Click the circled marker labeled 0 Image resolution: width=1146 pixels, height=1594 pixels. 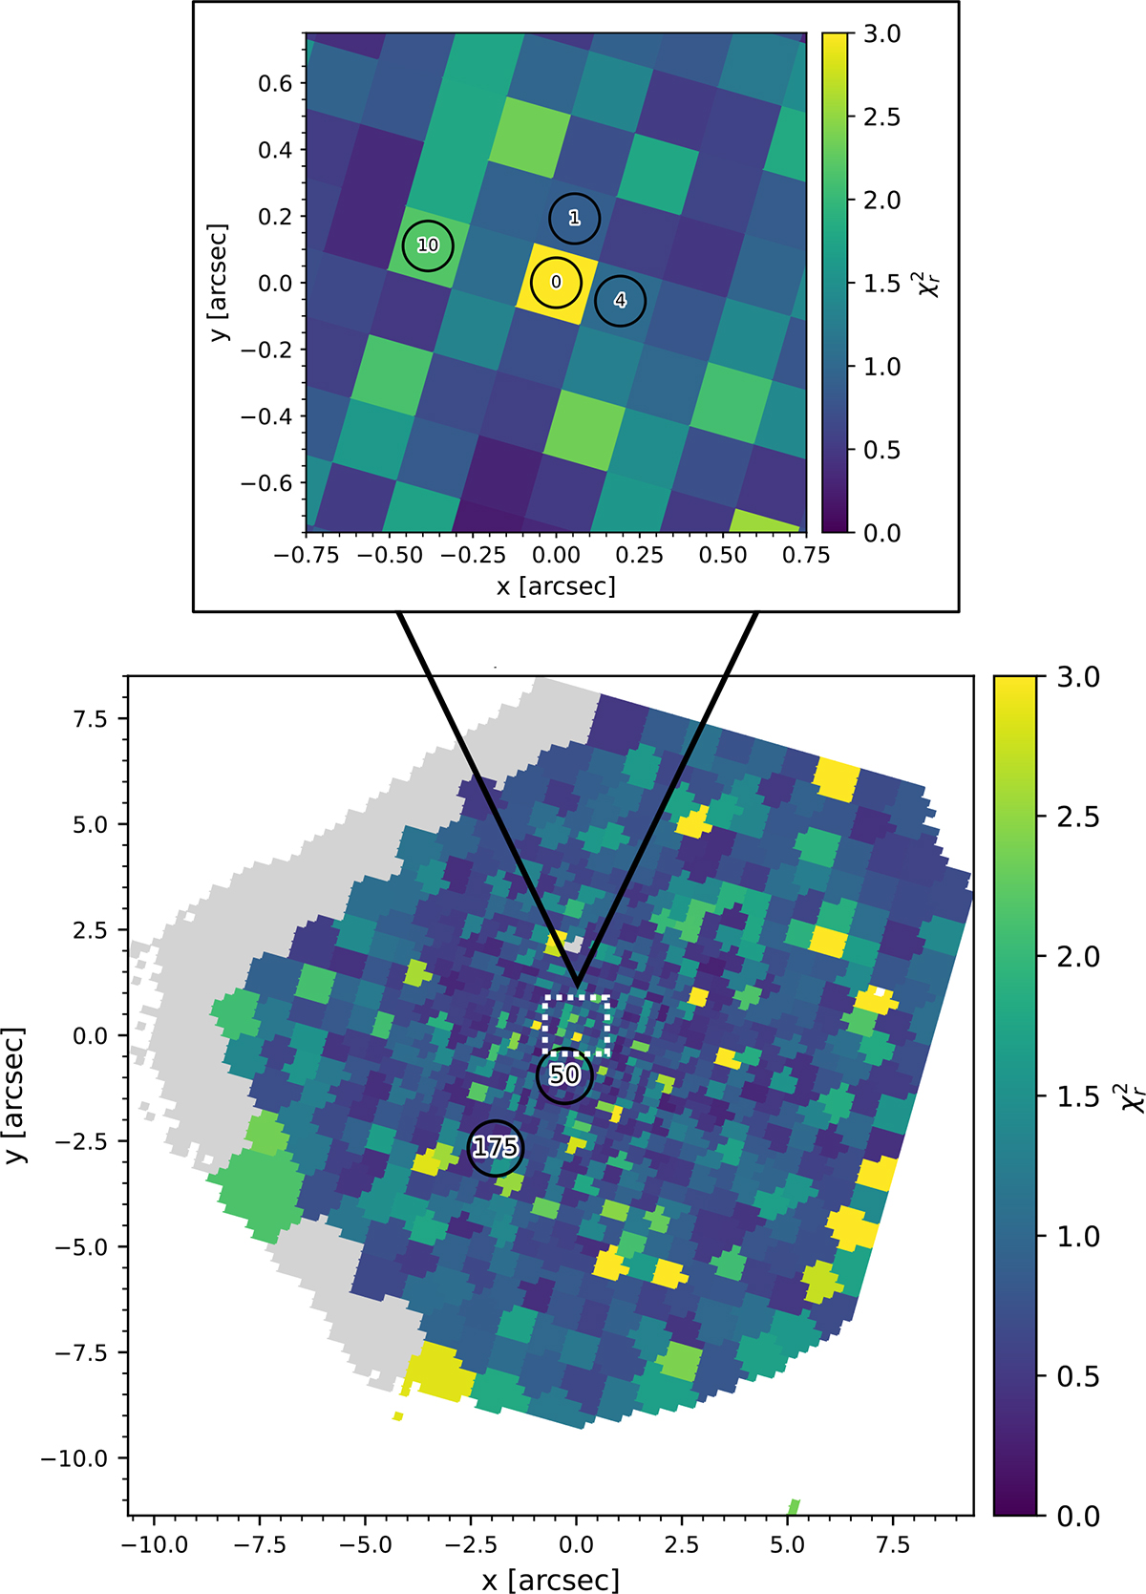(x=556, y=283)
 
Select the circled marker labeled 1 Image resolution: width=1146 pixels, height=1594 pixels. (x=574, y=218)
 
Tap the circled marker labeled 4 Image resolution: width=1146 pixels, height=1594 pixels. (x=620, y=301)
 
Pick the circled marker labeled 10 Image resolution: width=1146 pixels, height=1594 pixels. (x=428, y=245)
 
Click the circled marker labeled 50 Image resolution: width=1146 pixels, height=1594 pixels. (x=564, y=1075)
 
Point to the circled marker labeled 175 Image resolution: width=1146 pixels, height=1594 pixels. (x=496, y=1147)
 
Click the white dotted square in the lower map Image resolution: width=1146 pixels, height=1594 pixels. (x=577, y=1025)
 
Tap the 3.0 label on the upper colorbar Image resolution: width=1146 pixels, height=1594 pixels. (x=881, y=34)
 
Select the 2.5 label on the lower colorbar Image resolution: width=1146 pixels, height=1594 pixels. (x=1078, y=818)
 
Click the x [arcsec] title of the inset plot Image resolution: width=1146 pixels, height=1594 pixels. (x=556, y=585)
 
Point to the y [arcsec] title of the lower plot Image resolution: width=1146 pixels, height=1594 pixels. (x=18, y=1095)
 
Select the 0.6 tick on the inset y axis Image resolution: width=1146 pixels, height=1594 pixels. (x=275, y=83)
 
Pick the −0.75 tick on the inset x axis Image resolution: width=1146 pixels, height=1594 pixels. (x=306, y=556)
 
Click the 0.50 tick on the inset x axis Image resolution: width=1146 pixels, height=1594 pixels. (x=723, y=556)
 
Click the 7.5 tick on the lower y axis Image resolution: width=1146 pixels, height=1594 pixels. (x=93, y=718)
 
